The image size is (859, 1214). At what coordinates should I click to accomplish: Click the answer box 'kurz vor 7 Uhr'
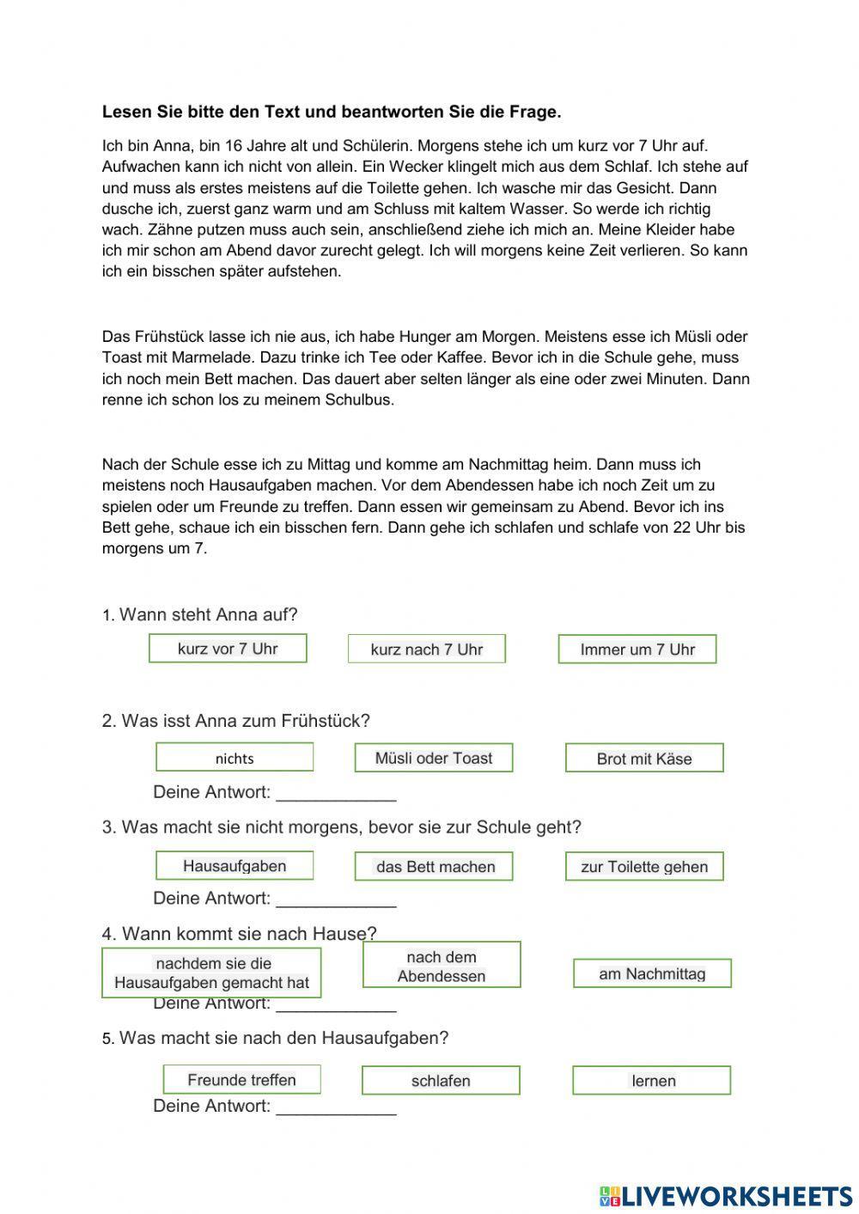pos(228,649)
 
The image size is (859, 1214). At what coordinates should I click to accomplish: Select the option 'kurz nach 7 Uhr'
pos(427,650)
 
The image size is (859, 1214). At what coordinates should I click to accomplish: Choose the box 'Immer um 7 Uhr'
pos(637,650)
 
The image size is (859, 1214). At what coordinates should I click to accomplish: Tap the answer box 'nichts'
pos(235,758)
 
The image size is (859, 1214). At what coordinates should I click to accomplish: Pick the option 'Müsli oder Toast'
pos(434,758)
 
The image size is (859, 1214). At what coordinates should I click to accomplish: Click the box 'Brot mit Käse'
pos(644,759)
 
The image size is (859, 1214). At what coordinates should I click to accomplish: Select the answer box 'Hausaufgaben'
pos(235,866)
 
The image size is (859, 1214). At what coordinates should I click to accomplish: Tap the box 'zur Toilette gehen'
pos(644,867)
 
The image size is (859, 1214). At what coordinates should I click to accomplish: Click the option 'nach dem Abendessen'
pos(442,966)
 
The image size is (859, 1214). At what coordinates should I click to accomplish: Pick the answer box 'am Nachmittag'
pos(652,973)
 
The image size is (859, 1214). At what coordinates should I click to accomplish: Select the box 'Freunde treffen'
pos(241,1080)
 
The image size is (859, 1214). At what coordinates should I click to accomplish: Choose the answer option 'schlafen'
pos(441,1081)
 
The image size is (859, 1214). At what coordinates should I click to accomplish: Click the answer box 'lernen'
pos(652,1081)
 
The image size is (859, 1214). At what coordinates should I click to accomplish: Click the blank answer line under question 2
pos(336,794)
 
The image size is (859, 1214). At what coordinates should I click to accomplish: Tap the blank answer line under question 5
pos(336,1107)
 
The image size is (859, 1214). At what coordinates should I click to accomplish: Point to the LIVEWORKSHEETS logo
pos(725,1195)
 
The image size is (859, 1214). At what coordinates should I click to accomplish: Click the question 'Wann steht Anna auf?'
pos(208,615)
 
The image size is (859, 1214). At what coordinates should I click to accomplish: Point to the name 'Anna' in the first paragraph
pos(170,146)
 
